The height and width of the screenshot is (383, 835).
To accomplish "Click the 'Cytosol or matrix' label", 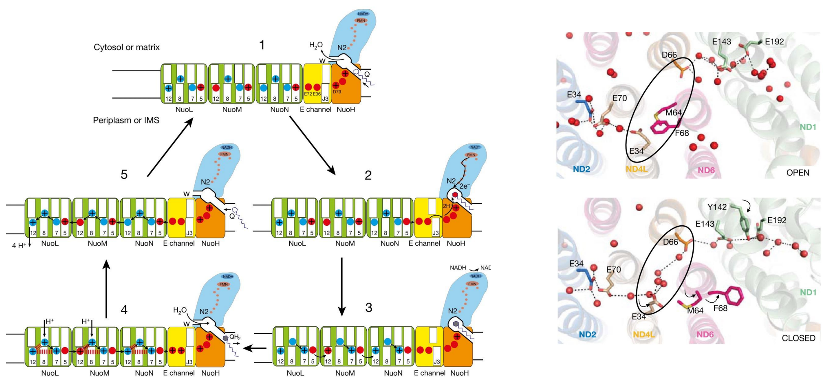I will [126, 47].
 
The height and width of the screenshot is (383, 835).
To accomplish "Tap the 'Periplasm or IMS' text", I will [126, 120].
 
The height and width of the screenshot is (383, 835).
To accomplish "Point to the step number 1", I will [262, 45].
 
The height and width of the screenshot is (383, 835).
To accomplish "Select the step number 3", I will [368, 307].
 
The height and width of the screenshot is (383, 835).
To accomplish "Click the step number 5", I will [124, 175].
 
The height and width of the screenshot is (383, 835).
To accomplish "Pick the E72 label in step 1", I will [308, 94].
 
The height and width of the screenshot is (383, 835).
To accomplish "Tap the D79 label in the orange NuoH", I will [337, 92].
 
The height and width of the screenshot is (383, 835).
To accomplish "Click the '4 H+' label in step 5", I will [19, 246].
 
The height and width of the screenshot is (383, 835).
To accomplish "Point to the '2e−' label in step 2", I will [465, 186].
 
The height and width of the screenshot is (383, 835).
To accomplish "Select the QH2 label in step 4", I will [235, 337].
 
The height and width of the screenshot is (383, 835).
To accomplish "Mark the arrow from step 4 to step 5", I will [106, 289].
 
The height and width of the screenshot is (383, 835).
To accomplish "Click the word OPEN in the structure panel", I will [798, 173].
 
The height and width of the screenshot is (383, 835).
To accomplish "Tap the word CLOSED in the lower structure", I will [798, 338].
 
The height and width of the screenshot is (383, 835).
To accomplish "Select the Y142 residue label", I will [717, 207].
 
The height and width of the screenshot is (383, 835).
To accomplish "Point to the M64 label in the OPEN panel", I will [673, 112].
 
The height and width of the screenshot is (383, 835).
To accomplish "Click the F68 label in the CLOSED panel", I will [720, 308].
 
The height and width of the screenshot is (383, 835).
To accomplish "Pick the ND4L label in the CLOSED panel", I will [643, 335].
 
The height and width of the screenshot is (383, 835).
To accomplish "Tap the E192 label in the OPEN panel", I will [774, 42].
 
